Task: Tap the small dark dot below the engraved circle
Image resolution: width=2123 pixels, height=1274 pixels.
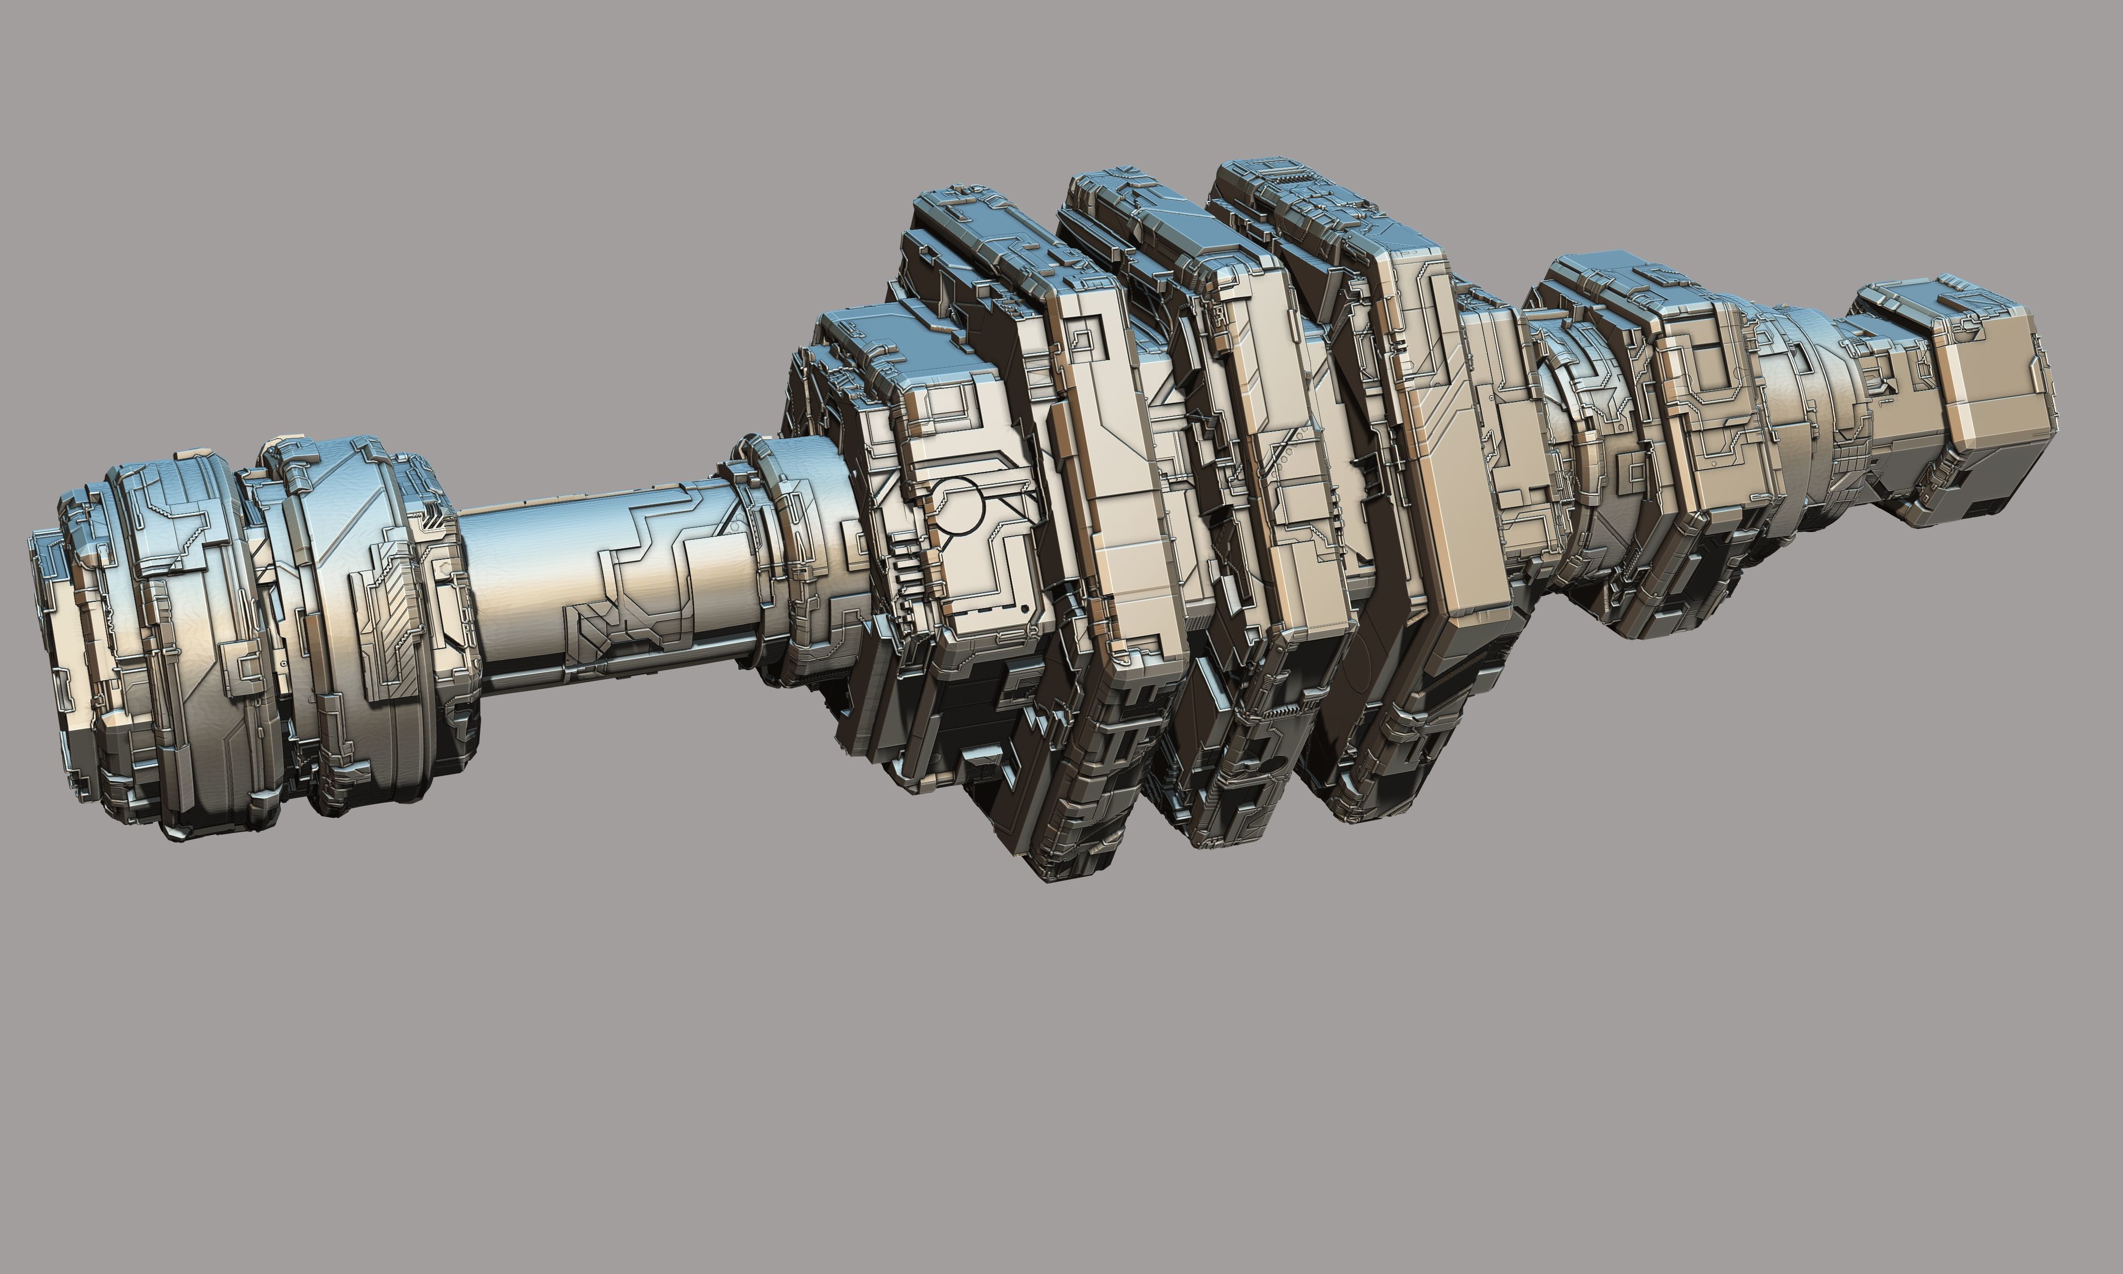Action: click(1025, 608)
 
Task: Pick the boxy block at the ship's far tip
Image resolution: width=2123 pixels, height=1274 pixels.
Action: click(1992, 404)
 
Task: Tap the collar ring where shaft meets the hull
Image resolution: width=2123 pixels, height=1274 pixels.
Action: click(773, 558)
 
